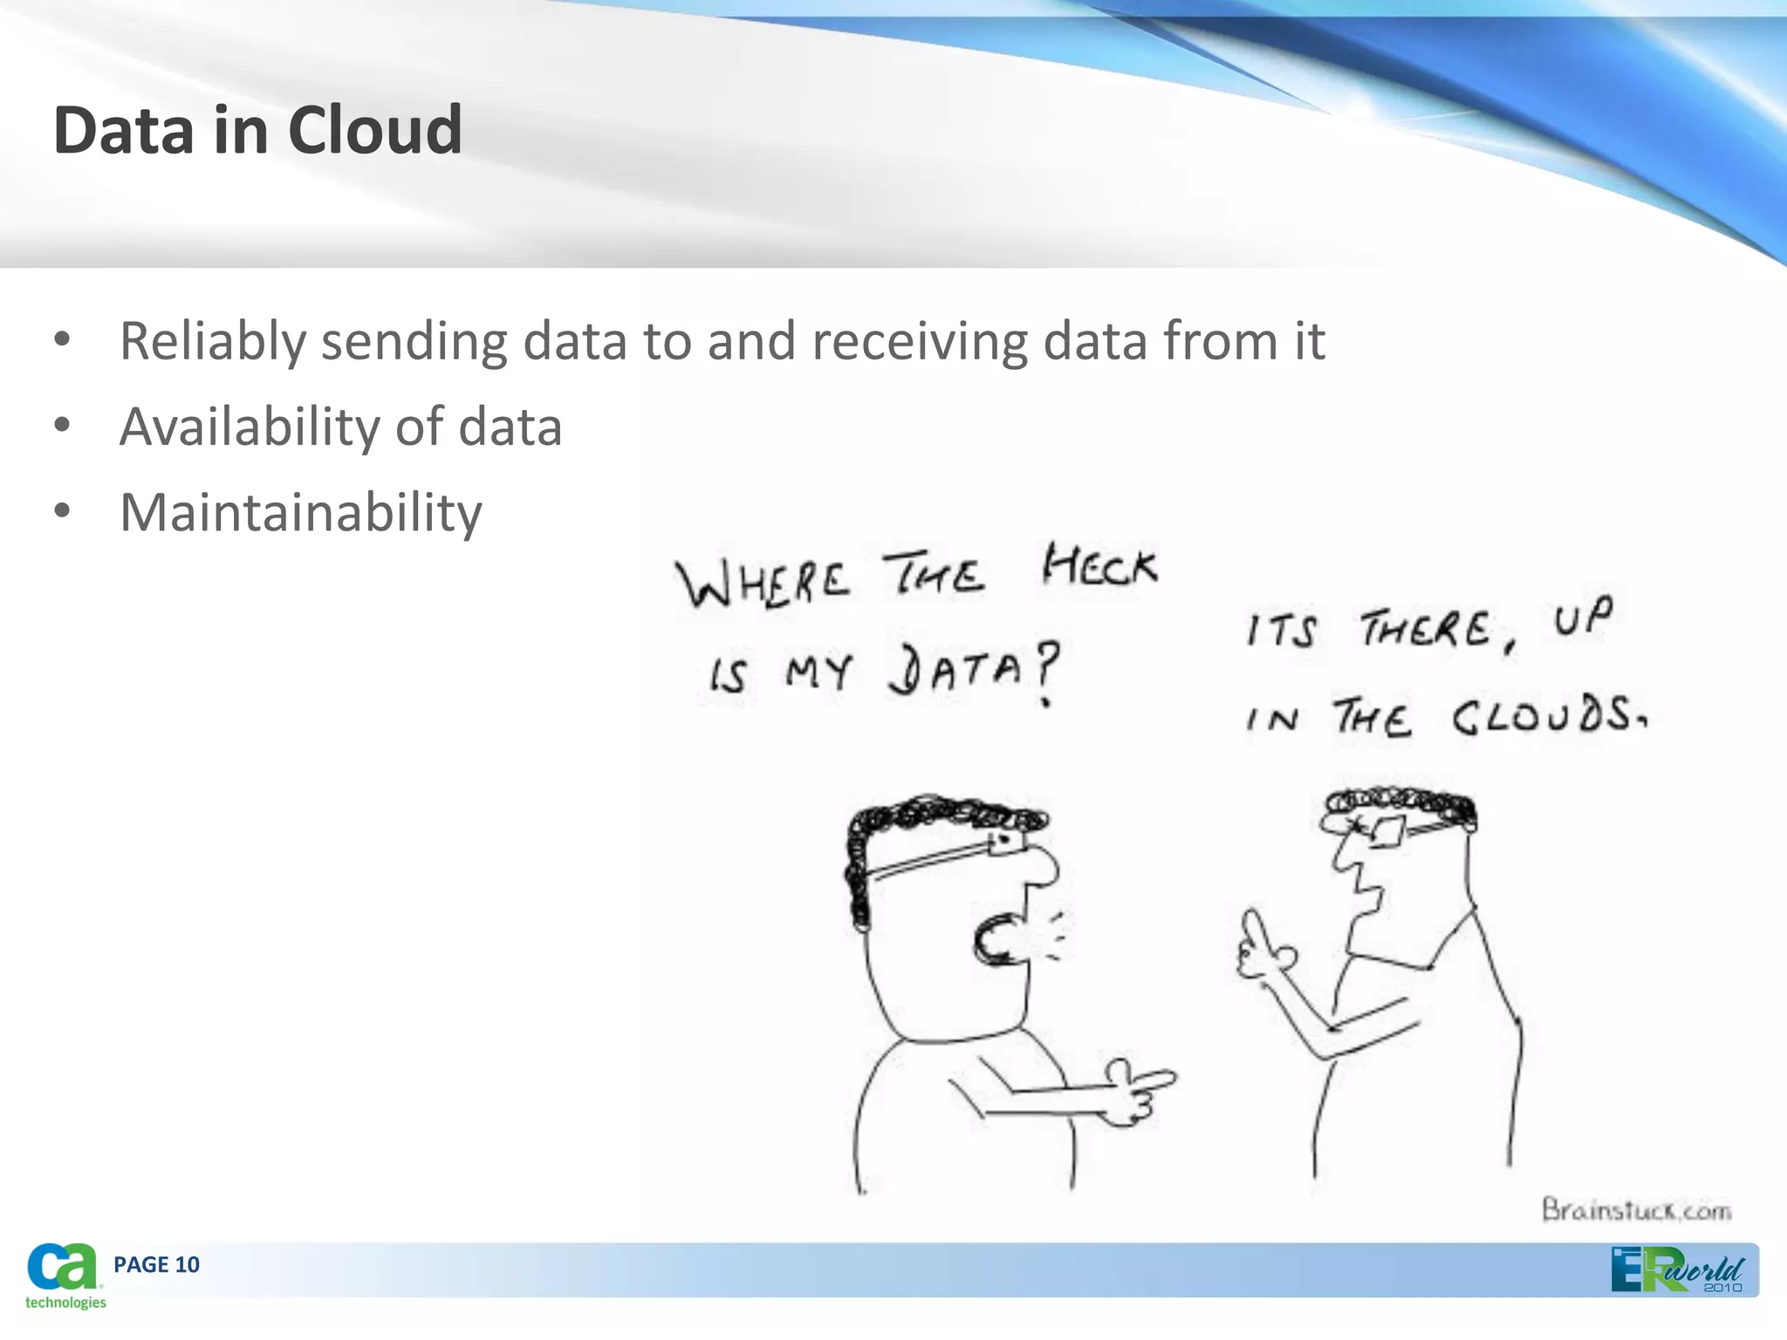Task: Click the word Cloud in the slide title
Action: click(x=374, y=131)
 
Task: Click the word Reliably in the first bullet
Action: click(x=212, y=341)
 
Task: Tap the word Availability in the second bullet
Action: click(x=250, y=427)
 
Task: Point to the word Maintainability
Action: click(x=300, y=513)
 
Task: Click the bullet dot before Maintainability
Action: click(x=62, y=511)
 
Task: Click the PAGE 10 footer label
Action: click(x=156, y=1265)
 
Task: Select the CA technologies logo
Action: click(x=64, y=1275)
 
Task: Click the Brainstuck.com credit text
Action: click(x=1636, y=1211)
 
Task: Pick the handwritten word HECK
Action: click(x=1100, y=568)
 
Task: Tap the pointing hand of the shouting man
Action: click(x=1134, y=1090)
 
